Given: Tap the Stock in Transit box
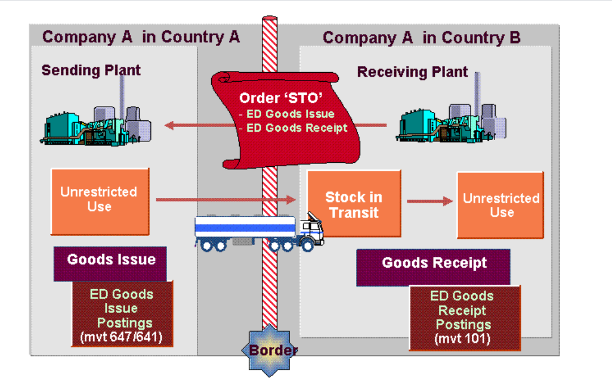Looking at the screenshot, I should (x=354, y=204).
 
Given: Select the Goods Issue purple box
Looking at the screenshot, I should (x=110, y=260).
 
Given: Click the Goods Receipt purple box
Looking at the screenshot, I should (x=434, y=263).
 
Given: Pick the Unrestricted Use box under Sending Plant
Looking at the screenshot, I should (x=99, y=200).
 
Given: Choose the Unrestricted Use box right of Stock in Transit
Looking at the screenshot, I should (x=500, y=205).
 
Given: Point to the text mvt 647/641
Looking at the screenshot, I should (x=121, y=337).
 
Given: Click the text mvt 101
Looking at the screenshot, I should (x=463, y=340).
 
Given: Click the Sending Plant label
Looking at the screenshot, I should (x=91, y=70).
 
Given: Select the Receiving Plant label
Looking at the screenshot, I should (x=412, y=72).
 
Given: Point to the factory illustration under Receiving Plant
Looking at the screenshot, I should (x=452, y=122).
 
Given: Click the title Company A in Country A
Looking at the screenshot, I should (x=141, y=37).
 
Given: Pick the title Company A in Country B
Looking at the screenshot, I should (x=421, y=38).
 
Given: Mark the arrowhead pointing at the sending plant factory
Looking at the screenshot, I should (x=169, y=125).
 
